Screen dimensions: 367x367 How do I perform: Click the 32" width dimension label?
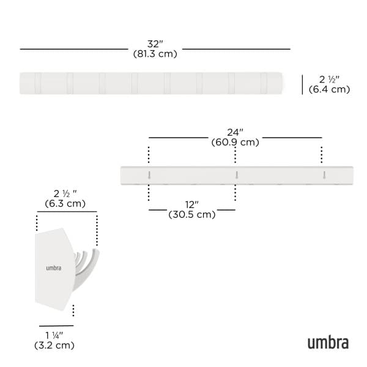tap(155, 43)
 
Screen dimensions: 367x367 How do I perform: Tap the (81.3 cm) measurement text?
tap(155, 54)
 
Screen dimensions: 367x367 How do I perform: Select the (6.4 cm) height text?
tap(329, 89)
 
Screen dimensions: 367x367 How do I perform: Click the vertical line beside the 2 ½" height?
tap(302, 84)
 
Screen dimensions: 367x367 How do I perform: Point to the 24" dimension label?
tap(235, 132)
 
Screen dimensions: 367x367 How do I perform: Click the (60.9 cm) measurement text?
tap(235, 143)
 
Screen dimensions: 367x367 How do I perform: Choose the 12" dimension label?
tap(191, 204)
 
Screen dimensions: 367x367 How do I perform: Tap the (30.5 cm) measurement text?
tap(191, 215)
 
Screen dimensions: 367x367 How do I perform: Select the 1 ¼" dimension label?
tap(54, 335)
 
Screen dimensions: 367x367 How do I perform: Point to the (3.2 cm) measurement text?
tap(54, 346)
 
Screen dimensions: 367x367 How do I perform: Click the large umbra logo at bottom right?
tap(328, 342)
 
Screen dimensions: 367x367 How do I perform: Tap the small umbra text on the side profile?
tap(53, 268)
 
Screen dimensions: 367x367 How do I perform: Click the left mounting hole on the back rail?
tap(149, 176)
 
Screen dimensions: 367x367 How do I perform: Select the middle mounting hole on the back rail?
tap(235, 176)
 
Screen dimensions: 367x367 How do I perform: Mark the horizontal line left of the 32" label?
tap(73, 48)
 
